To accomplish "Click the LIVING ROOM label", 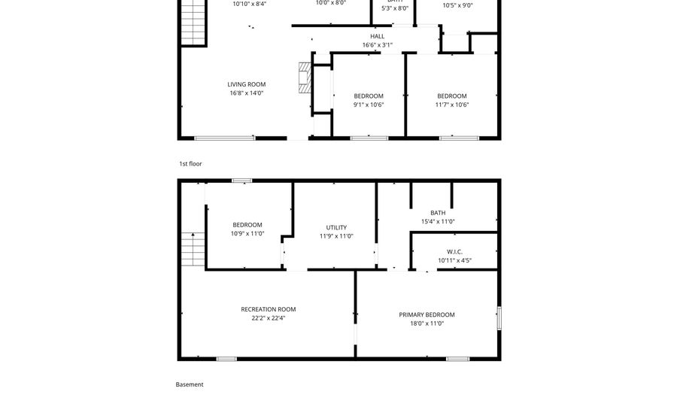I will click(247, 84).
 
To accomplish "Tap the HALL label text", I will click(377, 36).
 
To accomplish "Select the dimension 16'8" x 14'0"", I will click(247, 93).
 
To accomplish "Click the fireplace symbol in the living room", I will click(303, 77).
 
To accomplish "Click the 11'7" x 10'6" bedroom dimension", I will click(452, 105).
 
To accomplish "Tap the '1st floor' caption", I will click(190, 163).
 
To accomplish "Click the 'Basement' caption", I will click(190, 384).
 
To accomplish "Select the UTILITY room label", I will click(336, 227).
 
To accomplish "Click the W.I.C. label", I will click(454, 252).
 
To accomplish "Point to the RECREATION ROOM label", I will click(268, 309).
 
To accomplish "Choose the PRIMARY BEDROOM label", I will click(427, 314).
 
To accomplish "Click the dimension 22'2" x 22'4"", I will click(268, 318).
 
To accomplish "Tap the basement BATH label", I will click(438, 213).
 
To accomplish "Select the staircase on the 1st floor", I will click(193, 23).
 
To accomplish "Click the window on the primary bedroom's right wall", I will click(497, 317).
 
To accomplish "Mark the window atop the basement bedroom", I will click(241, 181).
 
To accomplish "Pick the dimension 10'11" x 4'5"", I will click(454, 261).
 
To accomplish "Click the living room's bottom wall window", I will click(225, 138).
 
